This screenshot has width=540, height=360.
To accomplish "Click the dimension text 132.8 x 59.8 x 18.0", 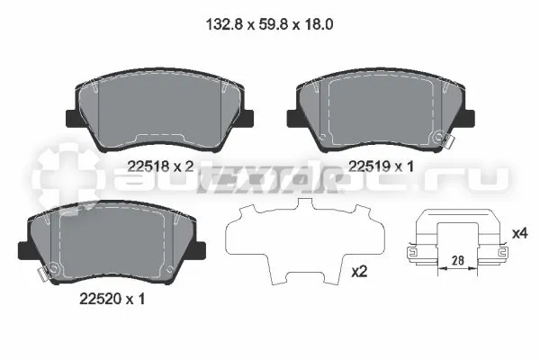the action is (269, 25).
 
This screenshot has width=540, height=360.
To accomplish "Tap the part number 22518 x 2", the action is (160, 166).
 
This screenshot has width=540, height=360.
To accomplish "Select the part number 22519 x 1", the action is (381, 166).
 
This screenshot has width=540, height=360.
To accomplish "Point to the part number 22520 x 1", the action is (112, 299).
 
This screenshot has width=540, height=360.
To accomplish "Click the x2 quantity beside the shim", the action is (359, 272).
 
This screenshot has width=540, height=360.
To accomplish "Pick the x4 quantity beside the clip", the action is (519, 234).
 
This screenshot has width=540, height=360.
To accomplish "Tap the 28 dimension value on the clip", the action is (458, 260).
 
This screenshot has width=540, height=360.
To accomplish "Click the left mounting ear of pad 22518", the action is (72, 119).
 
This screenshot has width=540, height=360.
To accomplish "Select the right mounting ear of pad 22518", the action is (247, 119).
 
